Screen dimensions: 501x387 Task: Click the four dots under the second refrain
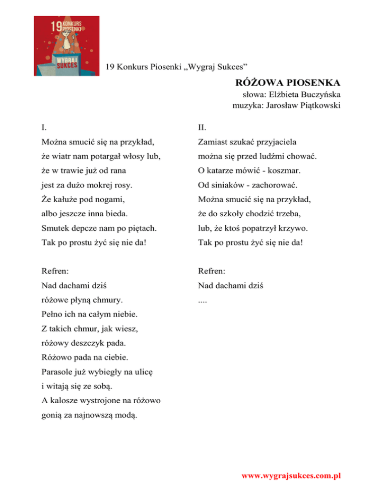(x=203, y=302)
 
